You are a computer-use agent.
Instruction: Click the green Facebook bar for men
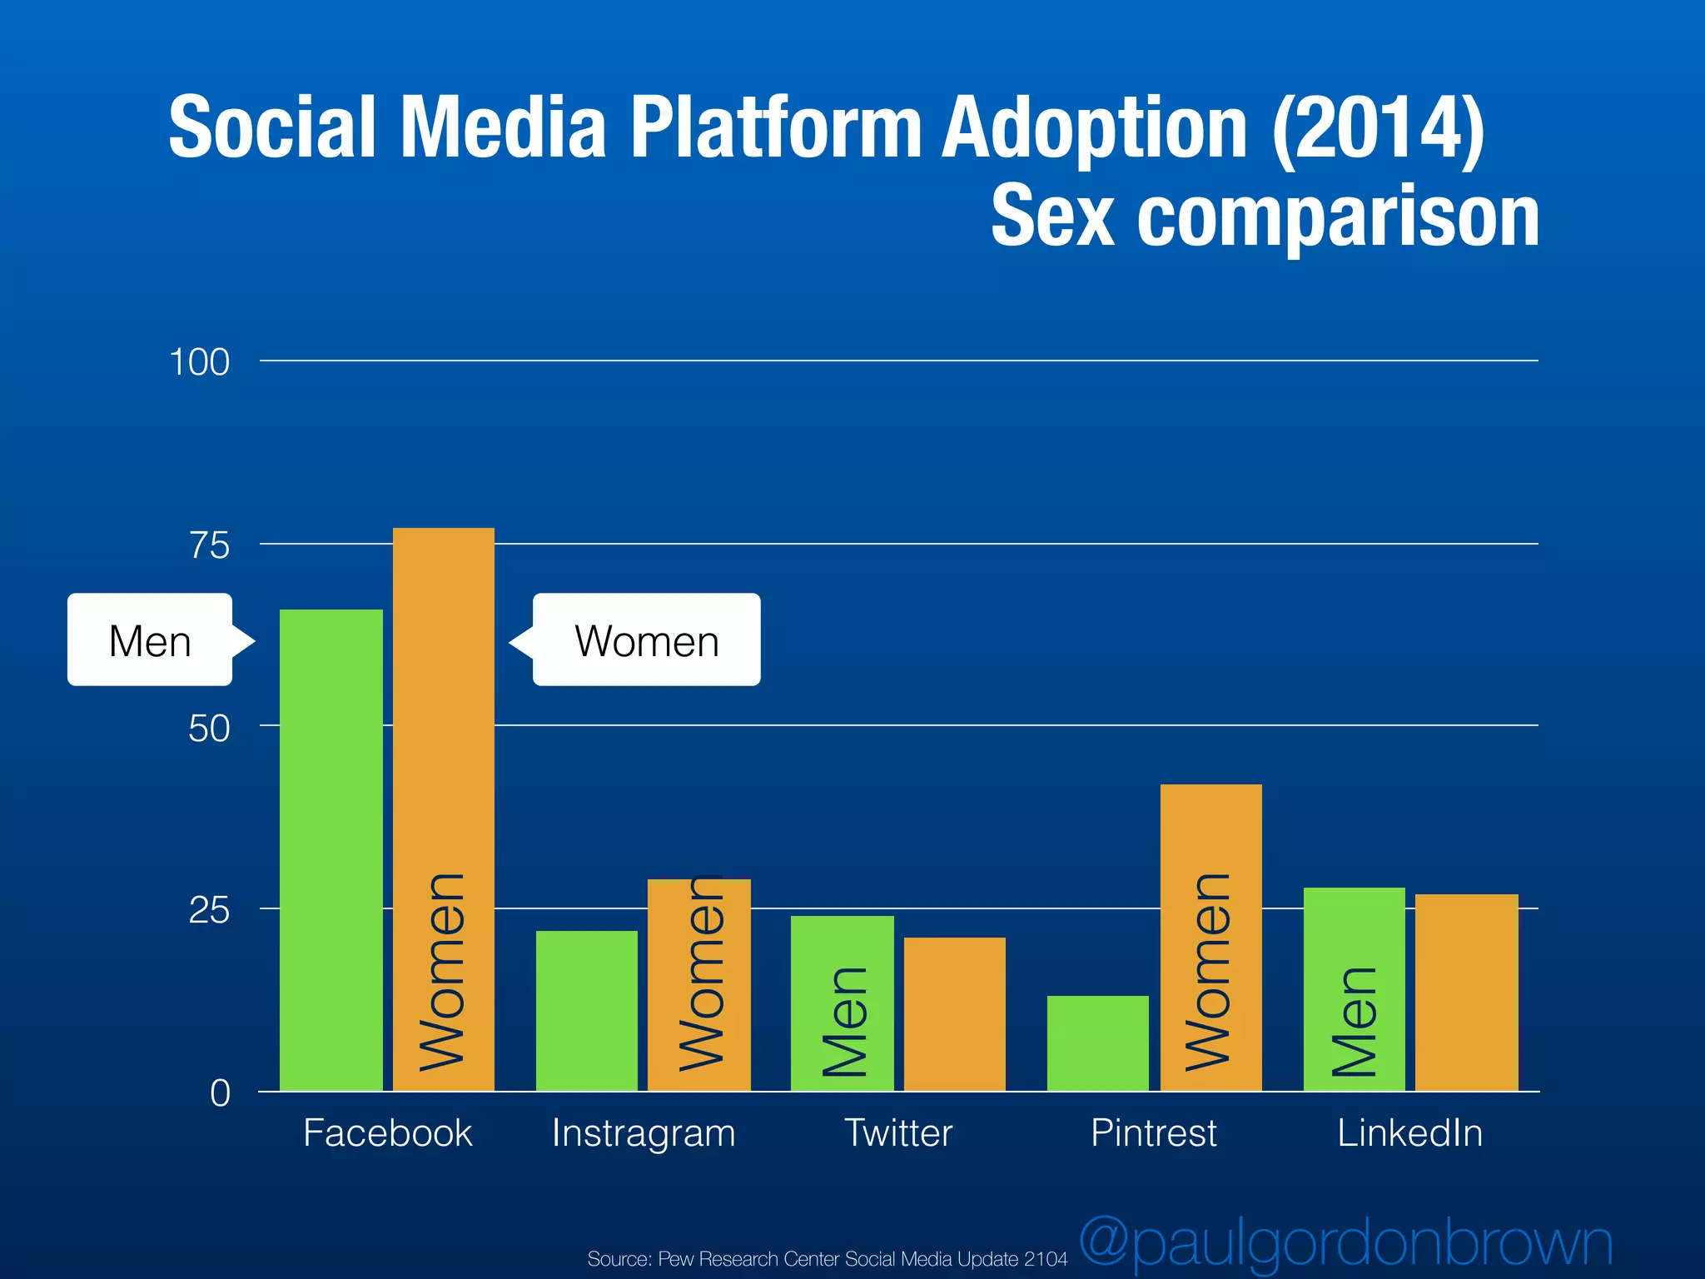(331, 849)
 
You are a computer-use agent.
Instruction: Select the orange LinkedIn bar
(1466, 992)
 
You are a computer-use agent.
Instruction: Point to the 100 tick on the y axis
(199, 362)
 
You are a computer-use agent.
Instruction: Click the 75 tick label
(209, 545)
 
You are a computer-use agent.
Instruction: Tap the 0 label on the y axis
(220, 1092)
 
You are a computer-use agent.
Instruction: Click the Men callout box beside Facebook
(151, 640)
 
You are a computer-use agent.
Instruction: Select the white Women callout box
(646, 640)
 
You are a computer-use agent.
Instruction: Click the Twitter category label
(898, 1133)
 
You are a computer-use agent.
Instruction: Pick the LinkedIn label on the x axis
(1409, 1133)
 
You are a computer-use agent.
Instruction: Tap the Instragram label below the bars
(644, 1133)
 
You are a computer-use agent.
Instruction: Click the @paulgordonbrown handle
(1345, 1243)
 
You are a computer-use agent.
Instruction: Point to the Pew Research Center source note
(827, 1259)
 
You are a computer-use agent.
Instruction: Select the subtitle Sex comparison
(1264, 216)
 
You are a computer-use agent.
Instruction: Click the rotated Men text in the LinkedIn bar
(1354, 1022)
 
